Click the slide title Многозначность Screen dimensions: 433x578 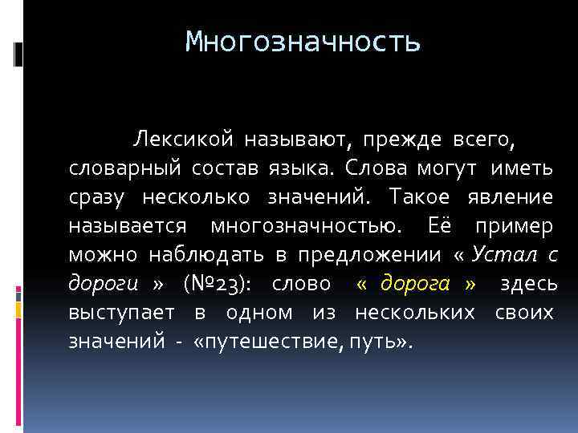(302, 41)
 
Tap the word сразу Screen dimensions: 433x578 (96, 197)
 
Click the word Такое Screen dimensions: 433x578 (415, 197)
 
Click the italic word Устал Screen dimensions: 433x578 (506, 255)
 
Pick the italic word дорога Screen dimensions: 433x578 (415, 284)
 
